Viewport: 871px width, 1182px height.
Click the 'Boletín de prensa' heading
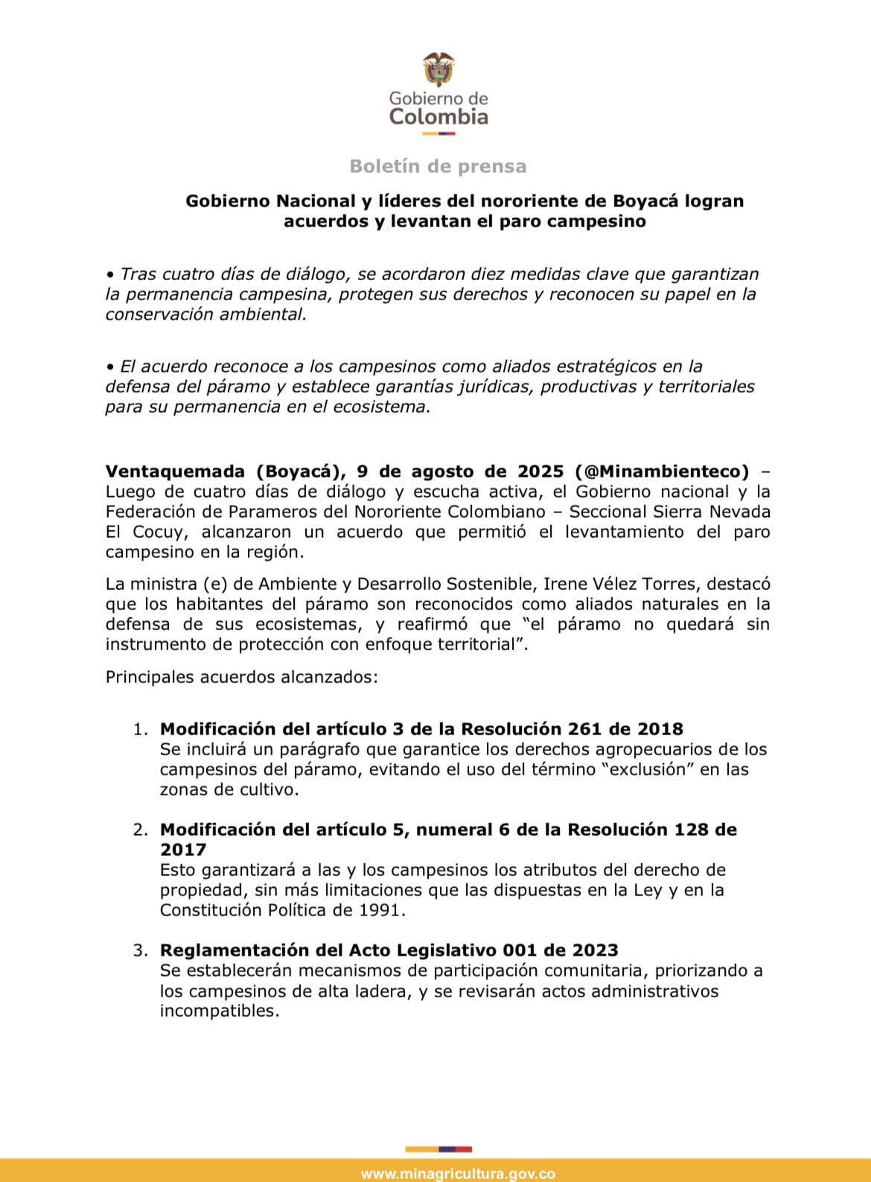click(x=438, y=166)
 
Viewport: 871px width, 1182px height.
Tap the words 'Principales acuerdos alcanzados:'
click(x=242, y=678)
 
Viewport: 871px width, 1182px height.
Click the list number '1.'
click(x=141, y=728)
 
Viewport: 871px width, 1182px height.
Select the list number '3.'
click(x=141, y=950)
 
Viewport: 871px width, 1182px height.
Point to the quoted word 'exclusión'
click(x=648, y=769)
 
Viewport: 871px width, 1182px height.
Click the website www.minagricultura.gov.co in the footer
click(x=458, y=1174)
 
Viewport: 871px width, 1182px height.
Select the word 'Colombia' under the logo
click(x=439, y=117)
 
